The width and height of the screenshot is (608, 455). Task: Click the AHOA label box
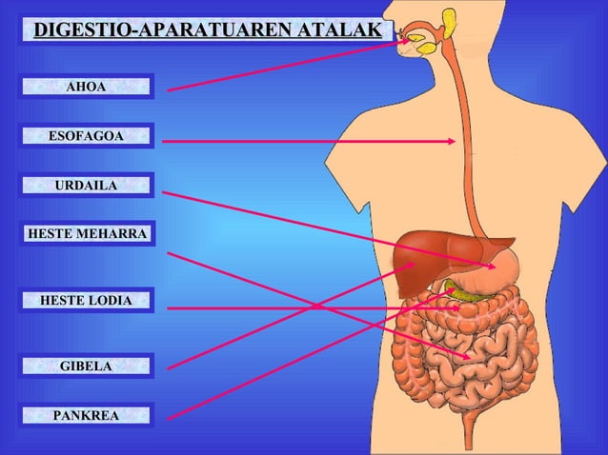click(86, 88)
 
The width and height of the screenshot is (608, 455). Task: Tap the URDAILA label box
click(86, 185)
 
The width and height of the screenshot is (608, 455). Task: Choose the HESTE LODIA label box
click(86, 302)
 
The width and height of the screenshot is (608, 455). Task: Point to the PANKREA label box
click(86, 416)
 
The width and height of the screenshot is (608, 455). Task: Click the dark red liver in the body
click(429, 250)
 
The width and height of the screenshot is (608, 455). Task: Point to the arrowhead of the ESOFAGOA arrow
click(452, 141)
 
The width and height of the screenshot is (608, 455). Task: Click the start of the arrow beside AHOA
click(170, 90)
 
